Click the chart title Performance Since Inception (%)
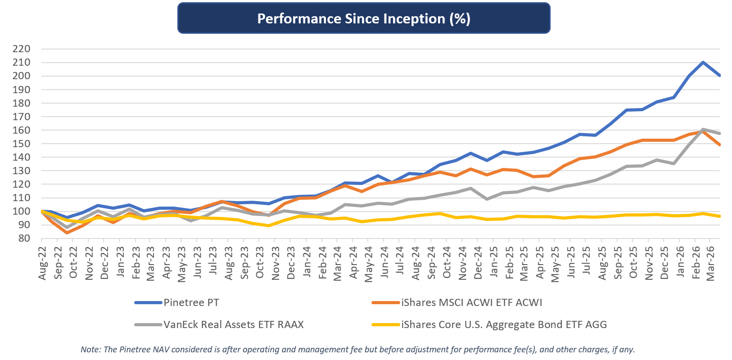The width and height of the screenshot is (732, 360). [x=364, y=18]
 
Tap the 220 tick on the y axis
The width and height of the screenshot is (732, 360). [x=22, y=49]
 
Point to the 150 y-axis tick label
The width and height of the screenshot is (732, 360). [x=22, y=144]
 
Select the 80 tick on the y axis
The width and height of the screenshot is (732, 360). [x=24, y=238]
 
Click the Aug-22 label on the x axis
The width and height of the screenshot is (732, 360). [x=43, y=263]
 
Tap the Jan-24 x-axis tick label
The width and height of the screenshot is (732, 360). [x=307, y=263]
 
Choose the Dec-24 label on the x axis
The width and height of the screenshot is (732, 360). [x=478, y=263]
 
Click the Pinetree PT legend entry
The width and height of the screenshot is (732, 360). [x=191, y=302]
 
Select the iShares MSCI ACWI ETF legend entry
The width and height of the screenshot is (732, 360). [x=471, y=302]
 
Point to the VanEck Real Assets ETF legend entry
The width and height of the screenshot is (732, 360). [x=233, y=324]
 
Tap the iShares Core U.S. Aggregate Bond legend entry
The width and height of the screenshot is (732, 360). [x=504, y=324]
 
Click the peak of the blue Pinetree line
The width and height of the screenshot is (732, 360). [x=703, y=63]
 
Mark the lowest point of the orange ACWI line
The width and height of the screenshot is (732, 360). [x=67, y=233]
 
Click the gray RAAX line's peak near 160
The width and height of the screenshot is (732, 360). [x=703, y=130]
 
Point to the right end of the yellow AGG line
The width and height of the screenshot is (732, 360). [x=719, y=216]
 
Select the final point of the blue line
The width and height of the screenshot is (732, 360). [x=719, y=76]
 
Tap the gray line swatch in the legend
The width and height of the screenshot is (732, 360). [x=148, y=324]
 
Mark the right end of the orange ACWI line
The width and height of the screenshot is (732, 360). [x=719, y=144]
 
